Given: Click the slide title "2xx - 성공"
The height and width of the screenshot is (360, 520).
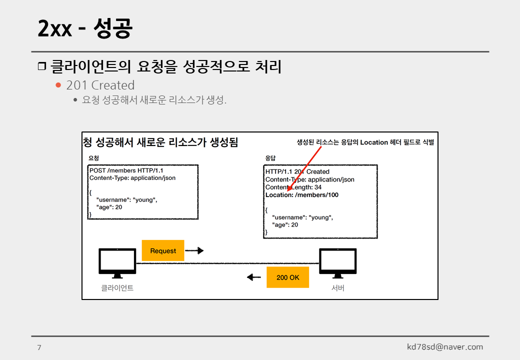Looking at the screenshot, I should (85, 29).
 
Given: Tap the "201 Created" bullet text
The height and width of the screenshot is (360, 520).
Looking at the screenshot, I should (100, 85).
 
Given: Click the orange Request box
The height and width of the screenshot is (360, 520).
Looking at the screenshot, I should (163, 250).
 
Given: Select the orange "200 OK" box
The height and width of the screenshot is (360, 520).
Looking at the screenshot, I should (287, 277).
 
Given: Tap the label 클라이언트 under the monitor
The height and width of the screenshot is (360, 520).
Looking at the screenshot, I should (117, 288).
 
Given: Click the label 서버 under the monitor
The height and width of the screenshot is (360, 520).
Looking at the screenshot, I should (338, 288).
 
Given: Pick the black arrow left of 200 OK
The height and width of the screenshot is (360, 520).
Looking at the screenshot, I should (254, 277).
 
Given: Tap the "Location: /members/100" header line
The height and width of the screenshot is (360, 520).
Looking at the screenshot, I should (301, 195).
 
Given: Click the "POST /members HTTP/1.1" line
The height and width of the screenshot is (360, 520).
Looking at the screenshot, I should (126, 170).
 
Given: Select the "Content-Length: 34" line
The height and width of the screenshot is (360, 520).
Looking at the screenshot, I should (293, 187).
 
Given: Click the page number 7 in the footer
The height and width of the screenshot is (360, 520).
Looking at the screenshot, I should (39, 347).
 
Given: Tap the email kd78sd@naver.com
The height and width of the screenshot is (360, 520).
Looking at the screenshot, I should (445, 347).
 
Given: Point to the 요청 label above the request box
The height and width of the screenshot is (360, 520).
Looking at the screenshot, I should (93, 158).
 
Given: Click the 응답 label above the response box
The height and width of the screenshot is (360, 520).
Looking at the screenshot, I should (270, 158).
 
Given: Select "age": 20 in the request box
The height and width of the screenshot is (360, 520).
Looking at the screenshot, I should (109, 207).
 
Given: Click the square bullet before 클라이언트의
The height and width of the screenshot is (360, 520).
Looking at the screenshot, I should (41, 66).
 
